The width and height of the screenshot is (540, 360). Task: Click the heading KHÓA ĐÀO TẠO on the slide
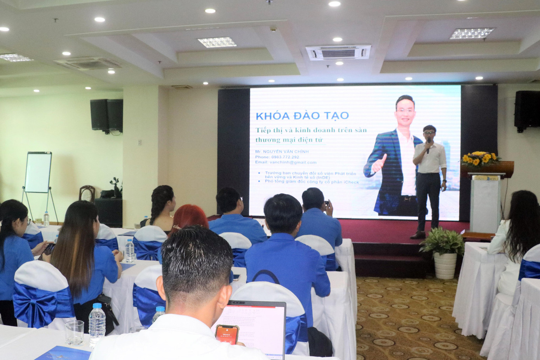302,115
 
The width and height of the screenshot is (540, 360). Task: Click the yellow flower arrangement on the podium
480,158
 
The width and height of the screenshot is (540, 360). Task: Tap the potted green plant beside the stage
443,243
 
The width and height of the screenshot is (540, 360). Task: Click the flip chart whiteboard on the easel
38,172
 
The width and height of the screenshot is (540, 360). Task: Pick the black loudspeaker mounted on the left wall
106,115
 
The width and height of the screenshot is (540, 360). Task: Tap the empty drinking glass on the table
74,333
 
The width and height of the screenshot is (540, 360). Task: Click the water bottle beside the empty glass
97,324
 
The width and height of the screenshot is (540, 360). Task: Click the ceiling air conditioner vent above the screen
338,52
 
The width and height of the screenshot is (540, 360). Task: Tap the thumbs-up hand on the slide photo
380,163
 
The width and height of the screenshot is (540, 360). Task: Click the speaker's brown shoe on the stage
418,235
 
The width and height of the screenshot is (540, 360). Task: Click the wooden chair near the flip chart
87,193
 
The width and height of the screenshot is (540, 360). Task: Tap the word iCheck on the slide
351,182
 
